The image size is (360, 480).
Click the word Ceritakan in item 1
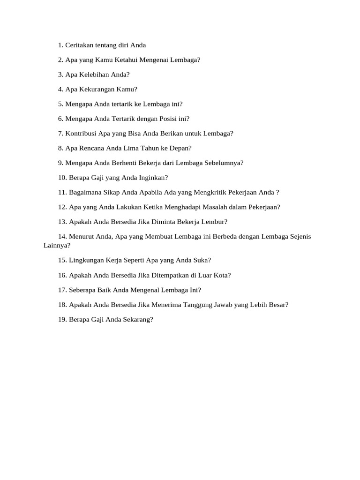point(79,45)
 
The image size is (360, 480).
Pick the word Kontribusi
point(81,133)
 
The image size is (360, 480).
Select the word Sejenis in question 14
point(299,237)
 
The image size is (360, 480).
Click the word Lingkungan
point(87,260)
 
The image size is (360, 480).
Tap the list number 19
point(62,320)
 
